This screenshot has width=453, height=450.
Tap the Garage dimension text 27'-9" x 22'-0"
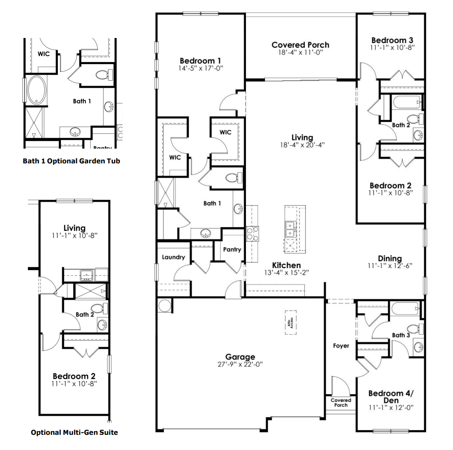click(240, 364)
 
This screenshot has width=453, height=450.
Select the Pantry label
click(232, 249)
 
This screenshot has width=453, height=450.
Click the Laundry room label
click(173, 257)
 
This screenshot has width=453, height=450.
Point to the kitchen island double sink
click(290, 228)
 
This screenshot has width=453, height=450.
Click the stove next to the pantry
click(252, 233)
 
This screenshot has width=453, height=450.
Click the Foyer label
click(341, 346)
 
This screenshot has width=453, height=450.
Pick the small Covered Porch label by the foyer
click(341, 402)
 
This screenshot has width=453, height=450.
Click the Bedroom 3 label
click(391, 41)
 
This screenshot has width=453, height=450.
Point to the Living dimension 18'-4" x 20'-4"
click(302, 144)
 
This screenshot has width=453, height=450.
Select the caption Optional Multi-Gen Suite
click(74, 432)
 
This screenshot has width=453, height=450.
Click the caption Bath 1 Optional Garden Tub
click(71, 161)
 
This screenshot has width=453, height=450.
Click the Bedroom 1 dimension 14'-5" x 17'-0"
click(201, 68)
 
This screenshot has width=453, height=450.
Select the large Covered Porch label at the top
click(300, 45)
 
